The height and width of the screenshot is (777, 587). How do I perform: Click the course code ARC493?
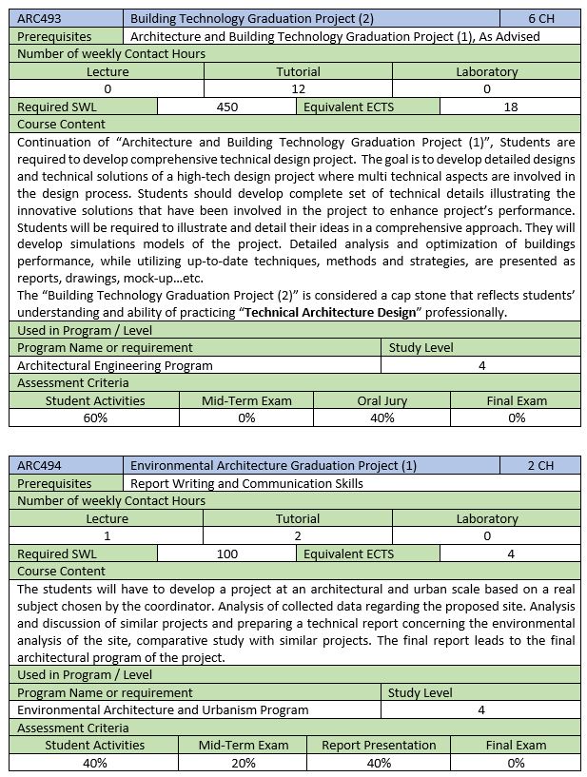[x=39, y=19]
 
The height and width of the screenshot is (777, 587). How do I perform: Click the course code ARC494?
[x=39, y=466]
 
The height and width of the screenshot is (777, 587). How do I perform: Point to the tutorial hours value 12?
[x=298, y=89]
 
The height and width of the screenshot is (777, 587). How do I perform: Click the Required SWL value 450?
[x=227, y=107]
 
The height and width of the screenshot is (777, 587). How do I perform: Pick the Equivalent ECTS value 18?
[x=511, y=107]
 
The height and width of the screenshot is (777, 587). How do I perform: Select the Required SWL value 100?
[x=227, y=554]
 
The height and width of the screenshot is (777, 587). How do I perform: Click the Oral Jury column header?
[x=382, y=400]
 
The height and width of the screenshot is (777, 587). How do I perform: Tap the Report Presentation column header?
[x=379, y=745]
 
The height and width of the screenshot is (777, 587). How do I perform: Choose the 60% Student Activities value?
[x=95, y=418]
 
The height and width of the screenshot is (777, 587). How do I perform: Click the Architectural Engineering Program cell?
[x=115, y=365]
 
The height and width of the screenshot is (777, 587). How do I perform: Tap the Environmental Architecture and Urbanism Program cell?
[x=163, y=710]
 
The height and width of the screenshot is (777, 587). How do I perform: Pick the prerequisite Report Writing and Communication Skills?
[x=246, y=483]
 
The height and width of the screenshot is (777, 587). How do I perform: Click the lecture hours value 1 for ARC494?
[x=107, y=536]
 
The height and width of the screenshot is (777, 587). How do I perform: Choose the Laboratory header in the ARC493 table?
[x=486, y=72]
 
